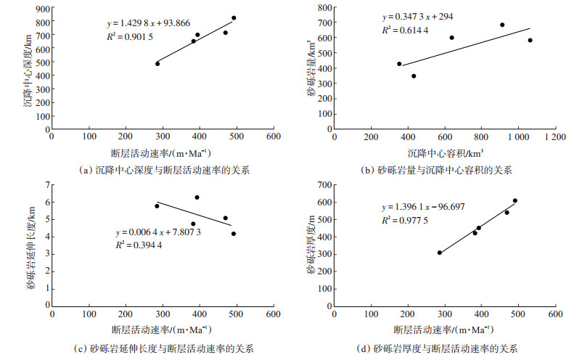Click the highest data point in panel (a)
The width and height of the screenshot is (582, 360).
coord(234,18)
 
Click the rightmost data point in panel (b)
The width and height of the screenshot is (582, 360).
coord(530,41)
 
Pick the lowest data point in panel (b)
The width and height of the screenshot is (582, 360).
coord(414,75)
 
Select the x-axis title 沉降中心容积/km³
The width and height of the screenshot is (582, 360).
coord(444,153)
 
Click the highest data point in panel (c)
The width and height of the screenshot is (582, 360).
coord(197,197)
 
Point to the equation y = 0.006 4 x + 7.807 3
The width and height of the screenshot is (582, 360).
coord(158,232)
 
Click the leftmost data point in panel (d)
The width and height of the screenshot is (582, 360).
coord(439,253)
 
